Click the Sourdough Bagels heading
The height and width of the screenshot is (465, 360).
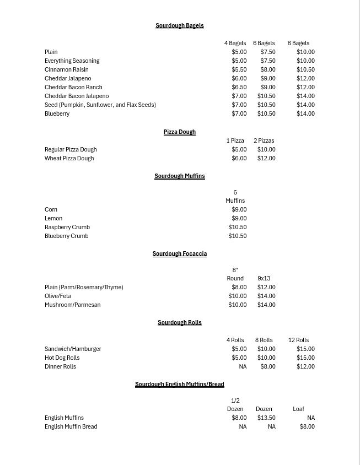tap(179, 26)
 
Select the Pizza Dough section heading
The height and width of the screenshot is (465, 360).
tap(179, 132)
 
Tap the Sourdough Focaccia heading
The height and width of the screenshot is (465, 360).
tap(179, 254)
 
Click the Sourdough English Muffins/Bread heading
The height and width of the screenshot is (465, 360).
tap(179, 385)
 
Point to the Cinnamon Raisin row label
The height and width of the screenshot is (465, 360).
tap(67, 70)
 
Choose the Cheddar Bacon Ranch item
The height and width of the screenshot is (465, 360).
tap(73, 88)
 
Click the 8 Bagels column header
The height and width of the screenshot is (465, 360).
tap(298, 44)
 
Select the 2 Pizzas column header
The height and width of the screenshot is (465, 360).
tap(264, 141)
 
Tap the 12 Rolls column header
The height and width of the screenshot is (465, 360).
tap(298, 340)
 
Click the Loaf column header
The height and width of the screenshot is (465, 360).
tap(298, 409)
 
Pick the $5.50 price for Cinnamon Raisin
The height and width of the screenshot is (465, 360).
tap(239, 70)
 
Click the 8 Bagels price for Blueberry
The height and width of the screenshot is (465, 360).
tap(305, 114)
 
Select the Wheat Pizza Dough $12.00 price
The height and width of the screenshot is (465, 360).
tap(266, 159)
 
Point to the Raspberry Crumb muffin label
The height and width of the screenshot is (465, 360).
tap(67, 228)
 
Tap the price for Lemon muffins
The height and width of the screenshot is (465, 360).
tap(239, 219)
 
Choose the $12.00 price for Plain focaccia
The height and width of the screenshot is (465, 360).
tap(266, 288)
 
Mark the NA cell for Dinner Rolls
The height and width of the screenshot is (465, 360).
tap(243, 367)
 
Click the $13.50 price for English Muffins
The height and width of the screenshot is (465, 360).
tap(266, 418)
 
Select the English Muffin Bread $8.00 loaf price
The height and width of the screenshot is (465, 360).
tap(307, 427)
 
